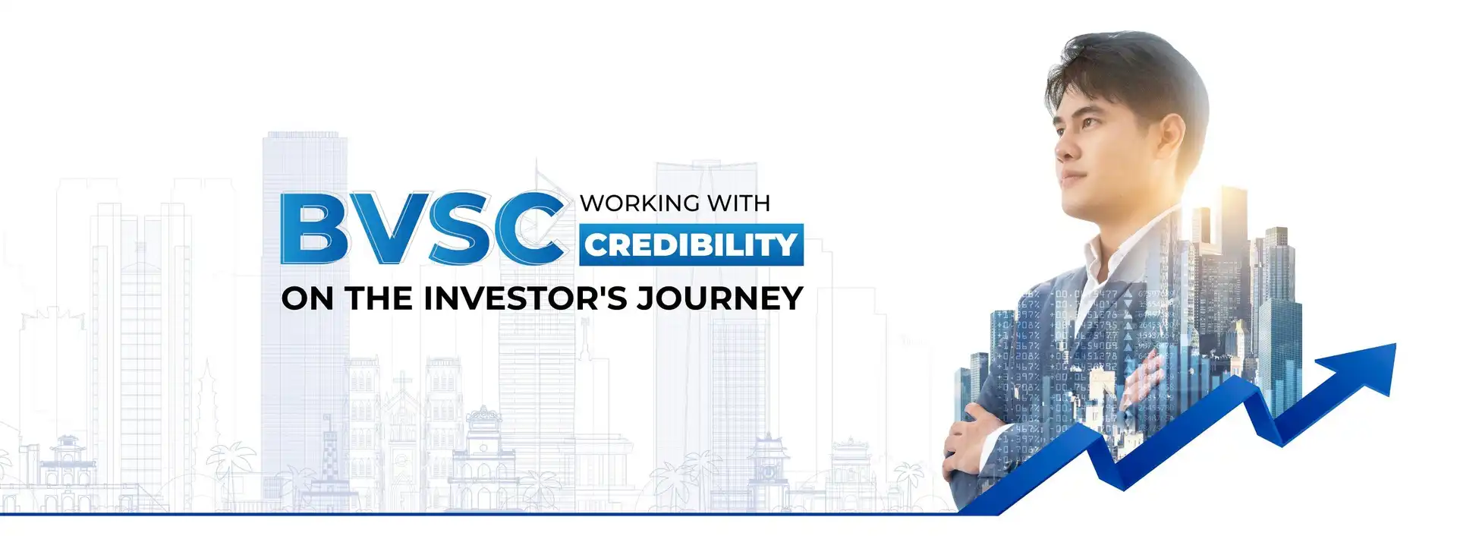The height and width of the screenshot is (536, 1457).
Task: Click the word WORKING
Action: [x=640, y=203]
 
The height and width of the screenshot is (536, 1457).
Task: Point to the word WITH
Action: [x=739, y=203]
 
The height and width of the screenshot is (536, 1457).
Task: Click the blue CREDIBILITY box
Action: [x=691, y=244]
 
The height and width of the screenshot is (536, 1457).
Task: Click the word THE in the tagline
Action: [x=379, y=298]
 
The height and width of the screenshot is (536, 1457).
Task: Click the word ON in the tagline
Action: [x=308, y=298]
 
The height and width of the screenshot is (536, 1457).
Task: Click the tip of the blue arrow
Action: [x=1396, y=344]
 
